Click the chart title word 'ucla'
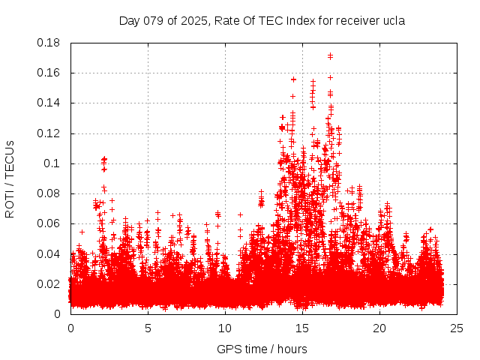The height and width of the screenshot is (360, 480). (x=393, y=21)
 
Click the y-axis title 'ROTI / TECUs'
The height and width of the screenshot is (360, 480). (x=10, y=178)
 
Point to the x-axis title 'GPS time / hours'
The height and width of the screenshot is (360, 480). (x=262, y=349)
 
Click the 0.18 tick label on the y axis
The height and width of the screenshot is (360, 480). (x=49, y=43)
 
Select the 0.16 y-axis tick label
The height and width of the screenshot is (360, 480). (x=49, y=73)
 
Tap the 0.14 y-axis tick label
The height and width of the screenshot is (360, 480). (x=49, y=103)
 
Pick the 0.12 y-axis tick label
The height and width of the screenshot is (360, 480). (x=49, y=133)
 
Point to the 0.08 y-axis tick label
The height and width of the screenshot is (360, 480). (x=49, y=193)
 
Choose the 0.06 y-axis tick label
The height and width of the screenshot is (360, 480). (x=49, y=223)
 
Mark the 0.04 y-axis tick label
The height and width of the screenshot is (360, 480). (x=49, y=253)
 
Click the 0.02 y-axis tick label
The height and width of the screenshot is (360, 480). (x=49, y=283)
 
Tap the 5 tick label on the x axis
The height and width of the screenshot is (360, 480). (x=148, y=328)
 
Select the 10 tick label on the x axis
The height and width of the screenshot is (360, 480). (x=225, y=328)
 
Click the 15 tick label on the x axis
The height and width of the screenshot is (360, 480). (x=302, y=328)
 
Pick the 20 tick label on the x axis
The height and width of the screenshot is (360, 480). (x=379, y=328)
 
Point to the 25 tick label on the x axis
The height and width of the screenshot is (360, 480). (x=457, y=328)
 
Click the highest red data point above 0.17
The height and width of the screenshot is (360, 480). (x=330, y=55)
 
